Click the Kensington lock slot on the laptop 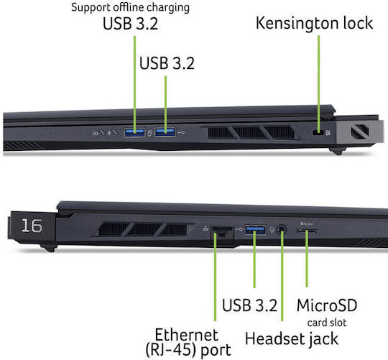point(318,133)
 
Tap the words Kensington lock point(314,23)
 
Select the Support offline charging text point(130,7)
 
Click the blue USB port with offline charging point(134,133)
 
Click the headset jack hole point(281,229)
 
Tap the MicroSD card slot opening point(307,231)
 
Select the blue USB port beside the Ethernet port point(255,230)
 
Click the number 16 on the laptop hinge point(32,226)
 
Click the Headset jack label point(292,338)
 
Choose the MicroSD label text point(327,305)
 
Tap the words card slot point(327,323)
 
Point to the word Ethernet point(186,335)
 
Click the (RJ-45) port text point(188,350)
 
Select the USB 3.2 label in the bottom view point(249,305)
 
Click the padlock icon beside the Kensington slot point(328,133)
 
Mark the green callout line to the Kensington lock point(319,83)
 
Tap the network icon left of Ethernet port point(205,228)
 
